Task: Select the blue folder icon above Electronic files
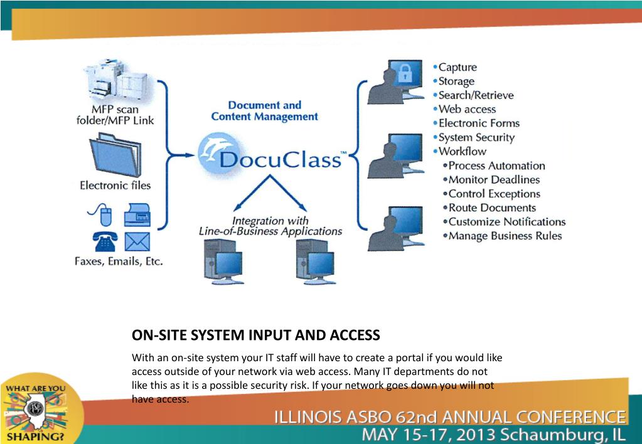(x=115, y=151)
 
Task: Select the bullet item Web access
(x=464, y=109)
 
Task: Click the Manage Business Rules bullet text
(x=505, y=236)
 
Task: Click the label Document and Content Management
(x=264, y=110)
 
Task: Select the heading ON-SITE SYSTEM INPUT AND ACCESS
(x=255, y=336)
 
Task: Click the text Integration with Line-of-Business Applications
(x=270, y=226)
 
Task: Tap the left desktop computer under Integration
(x=223, y=259)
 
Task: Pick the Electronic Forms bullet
(x=479, y=123)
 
